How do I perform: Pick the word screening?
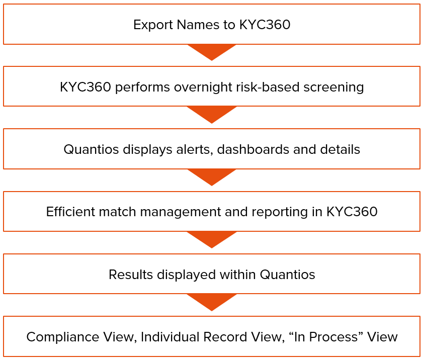[x=333, y=87]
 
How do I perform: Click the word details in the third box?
[x=342, y=149]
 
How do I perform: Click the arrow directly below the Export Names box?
[x=212, y=51]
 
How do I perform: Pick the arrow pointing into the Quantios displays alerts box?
[x=212, y=114]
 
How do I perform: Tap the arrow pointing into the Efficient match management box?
[x=212, y=176]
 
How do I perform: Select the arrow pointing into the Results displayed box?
[x=212, y=239]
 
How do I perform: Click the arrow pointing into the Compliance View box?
[x=212, y=301]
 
